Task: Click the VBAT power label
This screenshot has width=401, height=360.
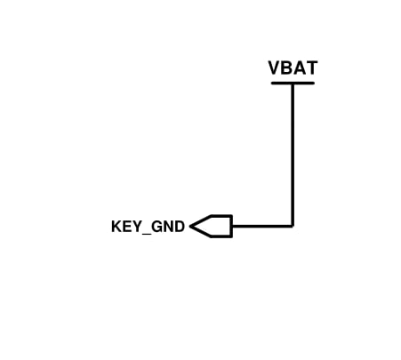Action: coord(293,68)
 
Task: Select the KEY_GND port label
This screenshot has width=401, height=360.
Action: coord(148,227)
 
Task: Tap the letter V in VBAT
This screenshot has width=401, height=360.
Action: coord(275,68)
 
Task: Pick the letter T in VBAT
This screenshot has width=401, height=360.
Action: coord(312,68)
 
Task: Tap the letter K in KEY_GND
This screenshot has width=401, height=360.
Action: coord(116,227)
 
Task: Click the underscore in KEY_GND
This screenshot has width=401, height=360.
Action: coord(147,234)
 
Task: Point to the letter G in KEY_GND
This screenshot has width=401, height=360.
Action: coord(156,227)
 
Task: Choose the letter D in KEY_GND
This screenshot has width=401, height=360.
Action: coord(180,227)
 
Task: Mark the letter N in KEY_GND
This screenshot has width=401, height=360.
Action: coord(169,227)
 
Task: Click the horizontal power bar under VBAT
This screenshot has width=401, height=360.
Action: coord(293,83)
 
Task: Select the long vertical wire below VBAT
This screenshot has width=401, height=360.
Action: coord(293,156)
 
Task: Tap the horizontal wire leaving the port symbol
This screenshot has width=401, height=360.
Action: coord(262,226)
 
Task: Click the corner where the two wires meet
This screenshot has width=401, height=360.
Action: coord(293,226)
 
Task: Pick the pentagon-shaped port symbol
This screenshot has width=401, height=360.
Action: coord(211,226)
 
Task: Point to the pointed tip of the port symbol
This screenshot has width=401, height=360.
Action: coord(190,227)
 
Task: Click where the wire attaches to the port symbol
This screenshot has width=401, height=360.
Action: coord(232,226)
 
